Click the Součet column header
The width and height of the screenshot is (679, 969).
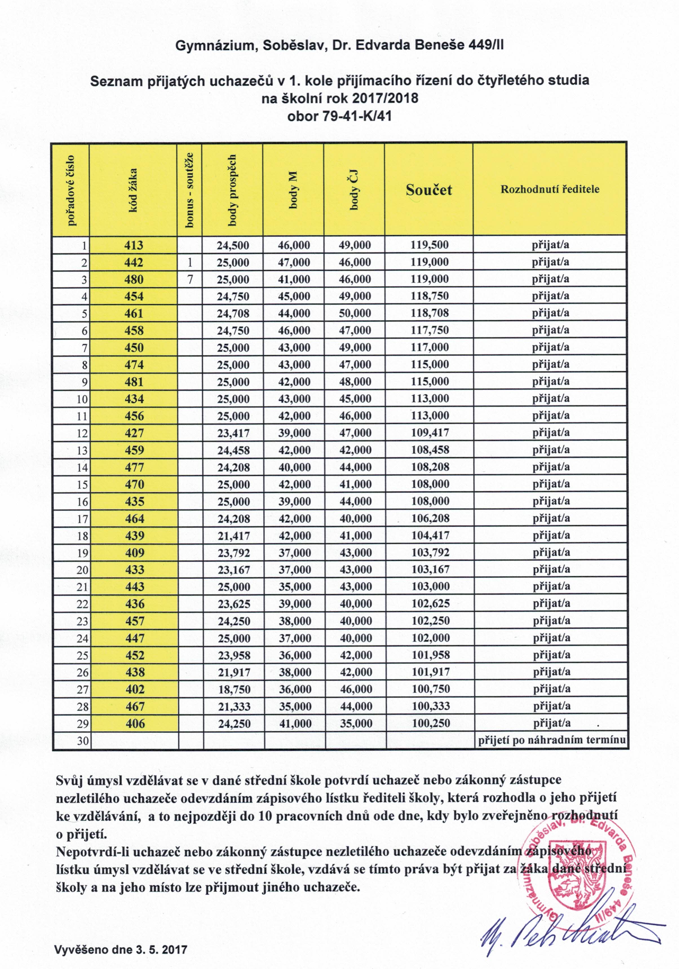(428, 189)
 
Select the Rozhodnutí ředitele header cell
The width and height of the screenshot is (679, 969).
(549, 189)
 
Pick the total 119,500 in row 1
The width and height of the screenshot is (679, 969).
(429, 245)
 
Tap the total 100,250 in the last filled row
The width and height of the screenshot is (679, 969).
(430, 723)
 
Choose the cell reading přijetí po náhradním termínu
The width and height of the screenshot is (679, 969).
(551, 740)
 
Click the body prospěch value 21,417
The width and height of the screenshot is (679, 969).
(234, 536)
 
